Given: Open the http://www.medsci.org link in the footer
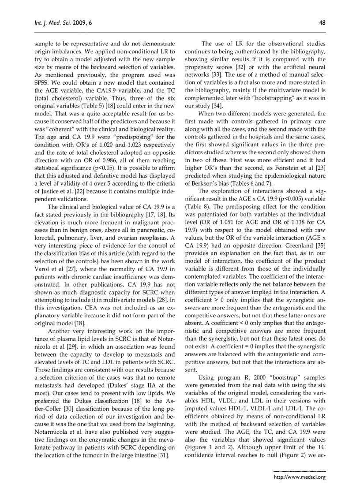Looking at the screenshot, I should pos(300,477).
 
